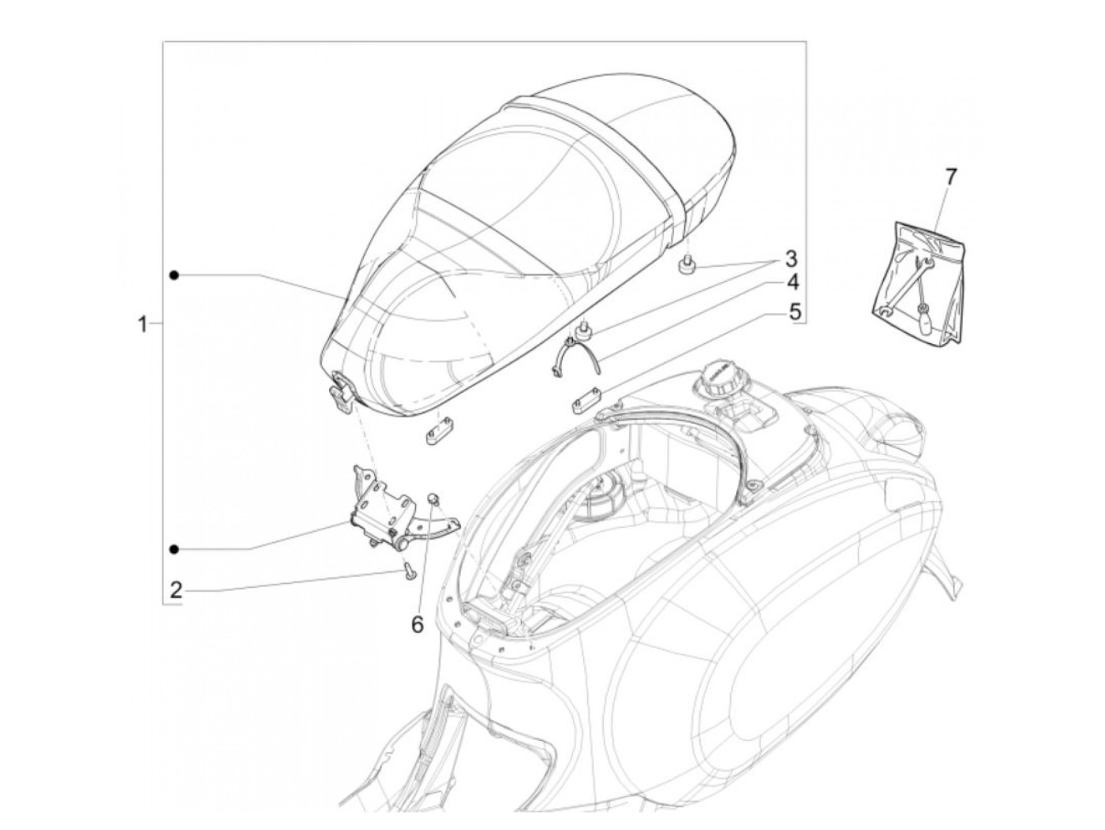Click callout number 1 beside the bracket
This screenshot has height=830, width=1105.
pos(143,324)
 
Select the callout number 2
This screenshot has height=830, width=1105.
pos(176,590)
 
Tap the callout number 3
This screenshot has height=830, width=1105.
pos(790,259)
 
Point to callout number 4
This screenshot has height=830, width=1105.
pos(791,282)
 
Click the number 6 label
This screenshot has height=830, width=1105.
pos(417,624)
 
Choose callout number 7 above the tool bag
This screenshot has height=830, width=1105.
pos(950,177)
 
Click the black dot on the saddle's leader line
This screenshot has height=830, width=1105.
pos(174,274)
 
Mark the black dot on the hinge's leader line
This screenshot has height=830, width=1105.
pos(174,548)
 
